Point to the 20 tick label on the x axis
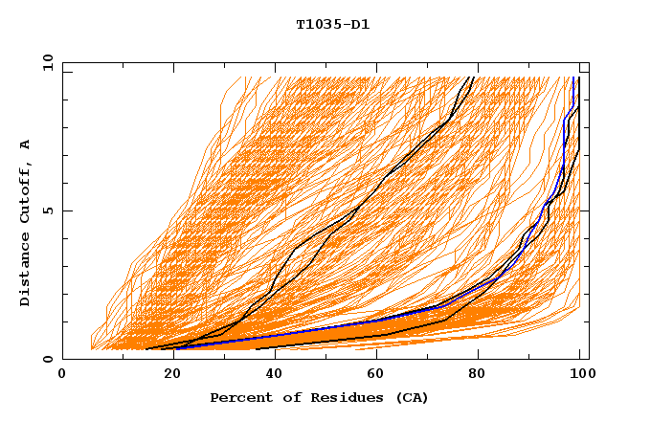(167, 376)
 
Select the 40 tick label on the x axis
(271, 376)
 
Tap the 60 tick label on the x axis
(374, 376)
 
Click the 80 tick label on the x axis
(479, 376)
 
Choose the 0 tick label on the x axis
(63, 376)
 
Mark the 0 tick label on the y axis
(47, 360)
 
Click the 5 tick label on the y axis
(47, 210)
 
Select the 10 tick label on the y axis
(44, 61)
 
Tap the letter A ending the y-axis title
(25, 144)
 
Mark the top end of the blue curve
(572, 78)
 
